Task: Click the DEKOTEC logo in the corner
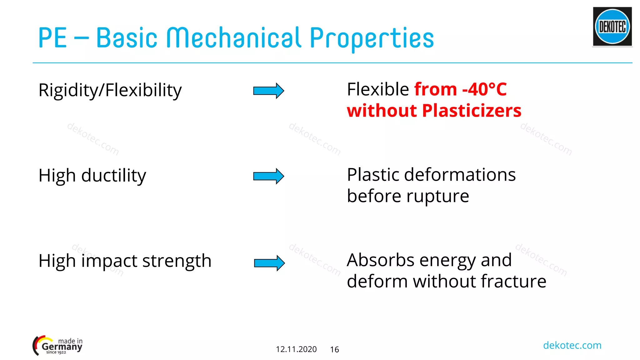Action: click(612, 27)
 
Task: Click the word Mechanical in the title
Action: click(234, 38)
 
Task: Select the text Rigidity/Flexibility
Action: click(110, 91)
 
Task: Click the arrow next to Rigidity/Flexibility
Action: click(268, 91)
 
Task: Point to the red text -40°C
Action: click(484, 89)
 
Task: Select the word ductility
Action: click(114, 176)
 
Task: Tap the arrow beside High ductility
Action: click(268, 176)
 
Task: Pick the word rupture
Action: click(437, 196)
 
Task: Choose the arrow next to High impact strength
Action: click(269, 263)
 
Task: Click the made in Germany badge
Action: click(57, 346)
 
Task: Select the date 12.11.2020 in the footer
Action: click(296, 349)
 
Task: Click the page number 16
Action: click(334, 350)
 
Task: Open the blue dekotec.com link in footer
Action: click(572, 345)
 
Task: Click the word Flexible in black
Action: click(378, 90)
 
